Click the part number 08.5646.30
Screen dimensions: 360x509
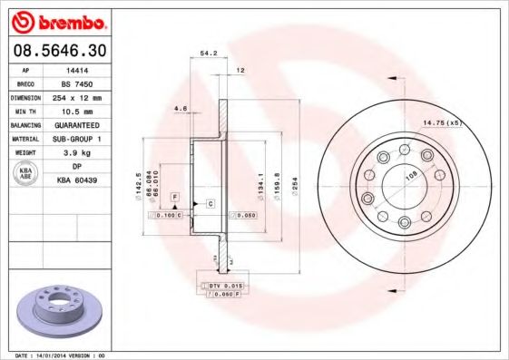[56, 52]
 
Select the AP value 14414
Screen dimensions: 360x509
[79, 68]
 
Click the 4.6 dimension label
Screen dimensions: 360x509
[180, 109]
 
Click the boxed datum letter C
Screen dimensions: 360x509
[210, 203]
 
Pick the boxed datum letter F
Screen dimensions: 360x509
[174, 197]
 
